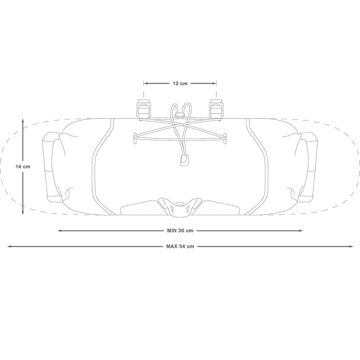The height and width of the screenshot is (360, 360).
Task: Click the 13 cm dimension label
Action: click(x=180, y=83)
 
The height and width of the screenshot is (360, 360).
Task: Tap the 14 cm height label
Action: click(x=23, y=167)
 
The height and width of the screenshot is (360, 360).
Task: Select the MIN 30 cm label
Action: click(x=180, y=230)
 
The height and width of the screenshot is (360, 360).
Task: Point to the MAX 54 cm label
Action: click(x=180, y=247)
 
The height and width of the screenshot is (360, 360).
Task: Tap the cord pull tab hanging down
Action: click(x=184, y=160)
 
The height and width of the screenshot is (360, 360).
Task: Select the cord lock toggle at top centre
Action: click(x=180, y=115)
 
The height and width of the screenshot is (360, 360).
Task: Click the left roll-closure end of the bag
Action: click(x=52, y=167)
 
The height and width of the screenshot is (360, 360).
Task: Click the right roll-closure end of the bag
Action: click(x=308, y=167)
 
